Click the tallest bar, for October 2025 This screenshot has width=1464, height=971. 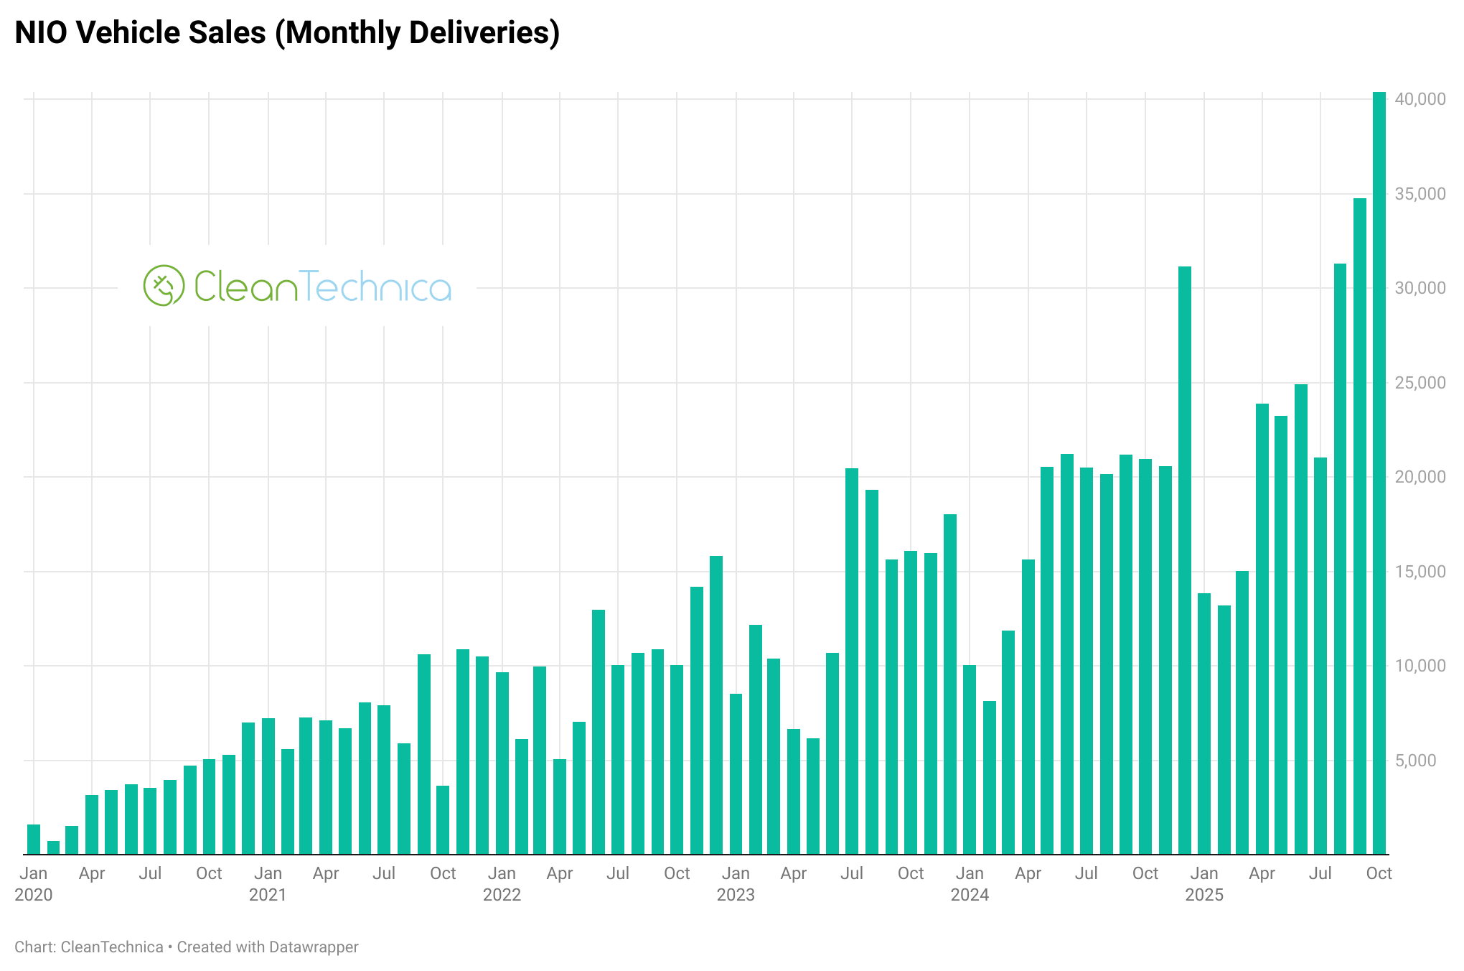[1379, 474]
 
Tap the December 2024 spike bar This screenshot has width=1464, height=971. [1184, 560]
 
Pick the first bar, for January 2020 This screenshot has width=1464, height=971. [34, 840]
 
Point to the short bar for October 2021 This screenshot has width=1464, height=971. [443, 820]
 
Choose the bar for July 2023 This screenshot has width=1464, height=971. [852, 661]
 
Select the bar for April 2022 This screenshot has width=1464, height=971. [560, 807]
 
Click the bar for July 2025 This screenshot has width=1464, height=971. [1320, 656]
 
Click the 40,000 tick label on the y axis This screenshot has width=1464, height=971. [1420, 99]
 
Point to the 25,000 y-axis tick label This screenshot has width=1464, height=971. [1420, 383]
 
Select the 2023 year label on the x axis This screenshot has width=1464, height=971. [736, 895]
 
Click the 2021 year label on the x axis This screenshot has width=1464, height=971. [268, 895]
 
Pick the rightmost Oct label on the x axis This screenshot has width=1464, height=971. [1379, 873]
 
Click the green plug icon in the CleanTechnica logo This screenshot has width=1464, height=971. [164, 286]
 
